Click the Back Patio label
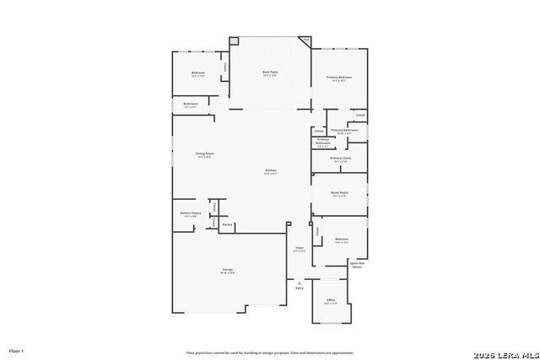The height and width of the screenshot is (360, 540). coord(270,73)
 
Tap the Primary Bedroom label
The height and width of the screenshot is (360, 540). coord(339,78)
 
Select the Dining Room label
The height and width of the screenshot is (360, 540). coord(204,154)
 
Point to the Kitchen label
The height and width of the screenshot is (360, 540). coord(271,170)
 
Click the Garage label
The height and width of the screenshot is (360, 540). coord(228,270)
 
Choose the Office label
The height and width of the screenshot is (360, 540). coord(331,300)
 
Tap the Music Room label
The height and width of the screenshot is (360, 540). coord(339,193)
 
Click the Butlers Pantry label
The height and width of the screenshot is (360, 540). coord(190,213)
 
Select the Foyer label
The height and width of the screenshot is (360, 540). coord(299,248)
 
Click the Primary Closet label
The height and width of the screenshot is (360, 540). coord(341,159)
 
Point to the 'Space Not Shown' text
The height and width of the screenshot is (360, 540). coord(357,264)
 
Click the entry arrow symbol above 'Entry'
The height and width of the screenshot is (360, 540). coord(299,282)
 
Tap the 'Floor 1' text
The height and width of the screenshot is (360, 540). coord(17,350)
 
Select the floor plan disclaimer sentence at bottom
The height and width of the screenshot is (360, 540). coord(270,352)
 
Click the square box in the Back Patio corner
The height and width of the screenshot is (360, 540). coord(235,40)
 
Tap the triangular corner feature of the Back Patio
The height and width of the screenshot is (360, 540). coord(306,40)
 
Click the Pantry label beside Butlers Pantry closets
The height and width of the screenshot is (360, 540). coord(227,224)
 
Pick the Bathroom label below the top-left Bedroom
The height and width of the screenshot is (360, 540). coord(190,105)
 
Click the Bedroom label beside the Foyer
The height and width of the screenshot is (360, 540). coord(341,239)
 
